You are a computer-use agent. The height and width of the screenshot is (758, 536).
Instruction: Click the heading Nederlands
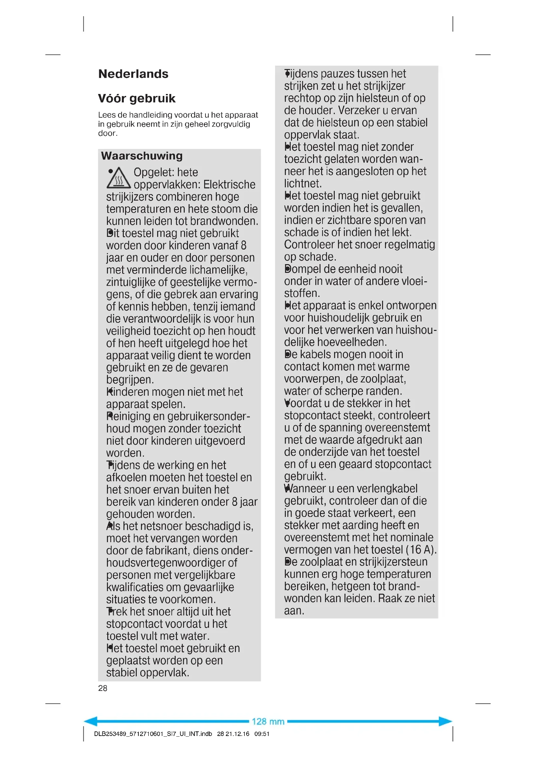(x=133, y=74)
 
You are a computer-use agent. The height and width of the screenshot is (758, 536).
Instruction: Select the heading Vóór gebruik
(x=137, y=99)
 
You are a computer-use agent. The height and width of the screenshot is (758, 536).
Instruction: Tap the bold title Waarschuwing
(x=142, y=156)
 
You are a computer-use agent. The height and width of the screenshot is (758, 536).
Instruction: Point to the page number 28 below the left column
(x=103, y=688)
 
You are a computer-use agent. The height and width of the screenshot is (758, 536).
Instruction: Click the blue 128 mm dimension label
(x=268, y=721)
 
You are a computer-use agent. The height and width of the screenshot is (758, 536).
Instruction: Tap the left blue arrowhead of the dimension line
(x=91, y=721)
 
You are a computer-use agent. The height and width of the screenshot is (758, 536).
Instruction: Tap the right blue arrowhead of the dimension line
(x=445, y=721)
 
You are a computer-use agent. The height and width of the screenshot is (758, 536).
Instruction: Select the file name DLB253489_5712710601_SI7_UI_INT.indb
(x=153, y=734)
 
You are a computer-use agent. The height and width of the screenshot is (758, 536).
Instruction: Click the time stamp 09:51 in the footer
(x=262, y=734)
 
